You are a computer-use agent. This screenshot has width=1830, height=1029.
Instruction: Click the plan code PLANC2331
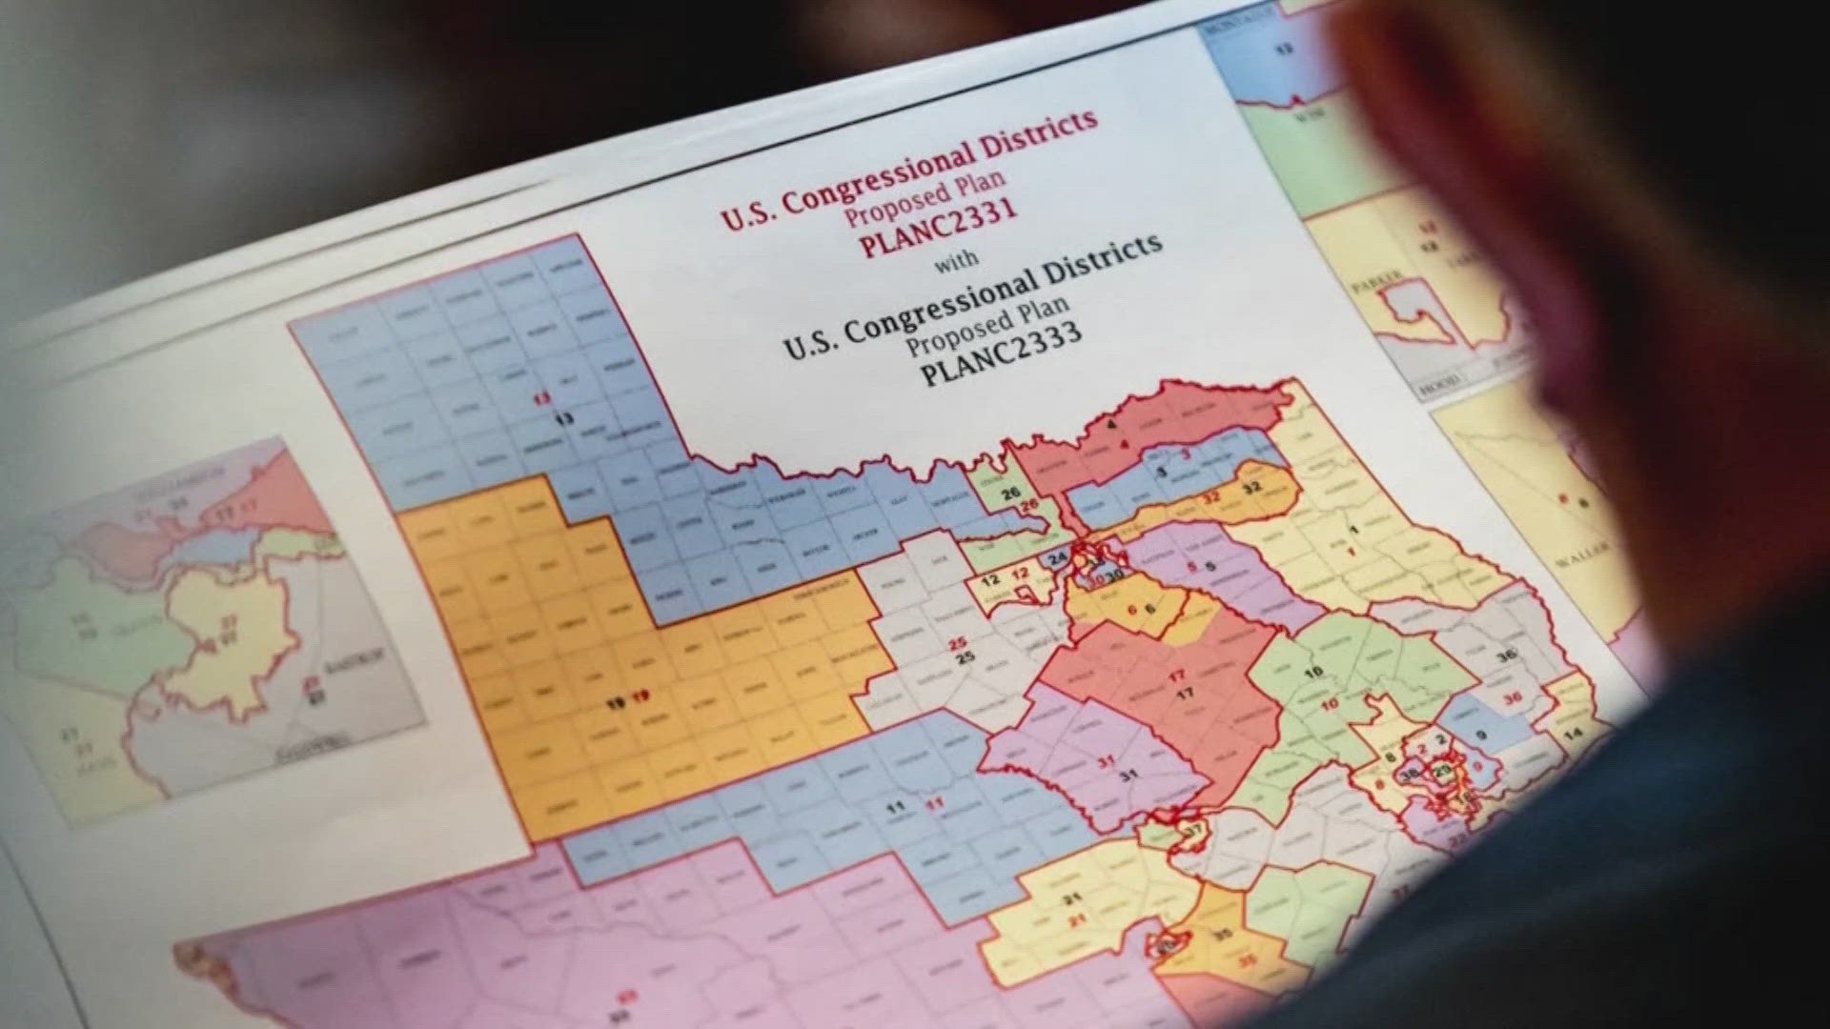[938, 227]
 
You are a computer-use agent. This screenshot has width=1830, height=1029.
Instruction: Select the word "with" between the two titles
[955, 261]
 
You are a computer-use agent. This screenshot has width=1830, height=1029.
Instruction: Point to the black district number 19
[616, 704]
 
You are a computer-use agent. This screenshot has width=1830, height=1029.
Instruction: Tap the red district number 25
[958, 644]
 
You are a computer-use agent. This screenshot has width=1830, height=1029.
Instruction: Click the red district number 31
[1106, 761]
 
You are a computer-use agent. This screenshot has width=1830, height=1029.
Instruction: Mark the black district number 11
[895, 807]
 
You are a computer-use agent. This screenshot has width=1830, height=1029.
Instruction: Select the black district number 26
[1010, 493]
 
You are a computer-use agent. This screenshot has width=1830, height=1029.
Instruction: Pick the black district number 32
[1251, 487]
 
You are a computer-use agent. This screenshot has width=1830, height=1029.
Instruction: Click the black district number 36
[1506, 656]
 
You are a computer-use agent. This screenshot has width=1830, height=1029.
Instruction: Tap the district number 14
[1573, 733]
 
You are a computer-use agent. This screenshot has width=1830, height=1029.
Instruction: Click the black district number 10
[1313, 673]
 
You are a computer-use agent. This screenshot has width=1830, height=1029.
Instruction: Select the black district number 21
[1072, 898]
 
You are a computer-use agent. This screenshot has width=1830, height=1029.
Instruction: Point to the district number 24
[1057, 558]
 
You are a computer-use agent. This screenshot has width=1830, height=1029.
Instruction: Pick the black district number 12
[991, 579]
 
